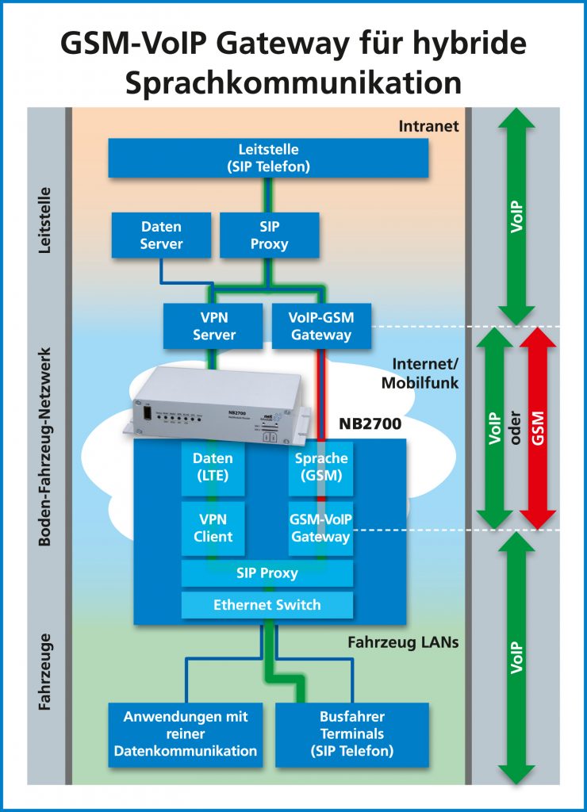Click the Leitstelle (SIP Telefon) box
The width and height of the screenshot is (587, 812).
pyautogui.click(x=268, y=158)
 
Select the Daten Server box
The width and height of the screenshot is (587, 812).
pyautogui.click(x=161, y=235)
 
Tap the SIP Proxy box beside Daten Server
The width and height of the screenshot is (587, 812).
pyautogui.click(x=269, y=235)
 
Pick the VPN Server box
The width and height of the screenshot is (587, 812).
pyautogui.click(x=213, y=326)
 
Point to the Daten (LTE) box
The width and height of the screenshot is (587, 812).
pyautogui.click(x=213, y=467)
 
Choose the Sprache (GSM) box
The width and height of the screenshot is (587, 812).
pyautogui.click(x=320, y=467)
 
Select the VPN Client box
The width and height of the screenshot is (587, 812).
pyautogui.click(x=213, y=527)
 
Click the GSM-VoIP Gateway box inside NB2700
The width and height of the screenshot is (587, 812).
pyautogui.click(x=320, y=527)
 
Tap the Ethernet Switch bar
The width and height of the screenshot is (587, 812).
pyautogui.click(x=267, y=605)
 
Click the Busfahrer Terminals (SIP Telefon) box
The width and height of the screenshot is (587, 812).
pyautogui.click(x=351, y=734)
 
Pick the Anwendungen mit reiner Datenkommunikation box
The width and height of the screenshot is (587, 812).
pyautogui.click(x=185, y=734)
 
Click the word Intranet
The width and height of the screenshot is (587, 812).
pyautogui.click(x=428, y=125)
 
